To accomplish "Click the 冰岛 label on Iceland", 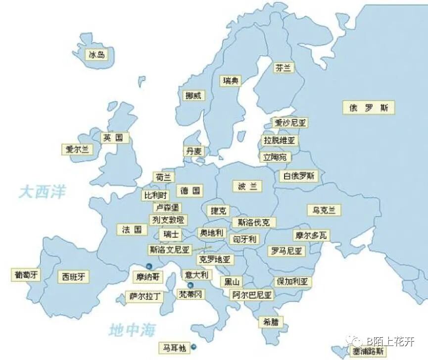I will (x=96, y=55).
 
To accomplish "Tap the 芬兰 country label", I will (x=284, y=68).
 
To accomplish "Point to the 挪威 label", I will (x=193, y=96).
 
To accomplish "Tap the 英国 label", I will (x=113, y=138).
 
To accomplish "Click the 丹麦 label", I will (x=193, y=151).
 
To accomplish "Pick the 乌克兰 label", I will (x=324, y=210).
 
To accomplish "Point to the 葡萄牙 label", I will (x=26, y=274).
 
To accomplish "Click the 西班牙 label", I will (x=73, y=276).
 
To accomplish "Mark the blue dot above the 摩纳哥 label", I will (x=149, y=266).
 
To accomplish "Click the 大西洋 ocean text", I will (x=43, y=192).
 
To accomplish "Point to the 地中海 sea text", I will (x=132, y=330).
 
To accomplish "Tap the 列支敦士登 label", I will (x=168, y=219).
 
